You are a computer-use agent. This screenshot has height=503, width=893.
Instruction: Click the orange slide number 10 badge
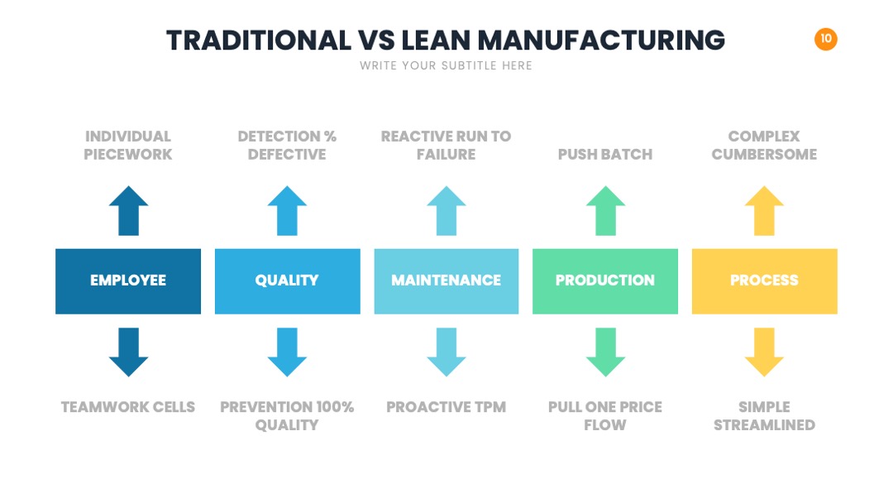pyautogui.click(x=825, y=39)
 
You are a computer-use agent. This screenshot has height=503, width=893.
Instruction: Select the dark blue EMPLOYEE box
pyautogui.click(x=128, y=280)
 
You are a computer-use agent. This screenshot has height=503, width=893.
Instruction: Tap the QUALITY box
pyautogui.click(x=288, y=280)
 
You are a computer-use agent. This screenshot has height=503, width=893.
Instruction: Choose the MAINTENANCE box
pyautogui.click(x=446, y=280)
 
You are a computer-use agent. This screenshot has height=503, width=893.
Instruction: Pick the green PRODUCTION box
pyautogui.click(x=605, y=280)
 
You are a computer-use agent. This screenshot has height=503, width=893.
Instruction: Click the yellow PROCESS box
pyautogui.click(x=764, y=280)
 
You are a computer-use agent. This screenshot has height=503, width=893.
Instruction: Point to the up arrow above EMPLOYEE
pyautogui.click(x=129, y=210)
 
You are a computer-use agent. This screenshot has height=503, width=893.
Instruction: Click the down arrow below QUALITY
pyautogui.click(x=287, y=352)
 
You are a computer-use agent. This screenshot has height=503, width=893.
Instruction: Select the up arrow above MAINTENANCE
pyautogui.click(x=446, y=210)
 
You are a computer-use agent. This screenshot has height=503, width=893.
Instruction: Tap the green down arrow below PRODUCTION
pyautogui.click(x=605, y=352)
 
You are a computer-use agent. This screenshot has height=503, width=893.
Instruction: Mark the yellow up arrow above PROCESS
pyautogui.click(x=764, y=210)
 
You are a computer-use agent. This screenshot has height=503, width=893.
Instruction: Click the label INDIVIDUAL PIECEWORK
pyautogui.click(x=128, y=146)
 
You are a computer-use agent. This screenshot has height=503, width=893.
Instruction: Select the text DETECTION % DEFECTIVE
pyautogui.click(x=287, y=146)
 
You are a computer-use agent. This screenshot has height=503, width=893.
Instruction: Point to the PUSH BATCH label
pyautogui.click(x=605, y=155)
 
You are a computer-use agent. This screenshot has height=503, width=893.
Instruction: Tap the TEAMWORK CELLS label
pyautogui.click(x=128, y=407)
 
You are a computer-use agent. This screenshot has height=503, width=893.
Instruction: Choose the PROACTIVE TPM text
pyautogui.click(x=446, y=407)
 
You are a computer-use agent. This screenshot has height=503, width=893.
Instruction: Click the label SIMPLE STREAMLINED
pyautogui.click(x=764, y=416)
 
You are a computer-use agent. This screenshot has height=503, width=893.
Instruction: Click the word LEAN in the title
pyautogui.click(x=436, y=41)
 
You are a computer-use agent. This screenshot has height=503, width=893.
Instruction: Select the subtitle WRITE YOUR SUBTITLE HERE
pyautogui.click(x=446, y=65)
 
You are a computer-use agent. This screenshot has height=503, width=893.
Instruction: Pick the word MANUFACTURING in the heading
pyautogui.click(x=601, y=41)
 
